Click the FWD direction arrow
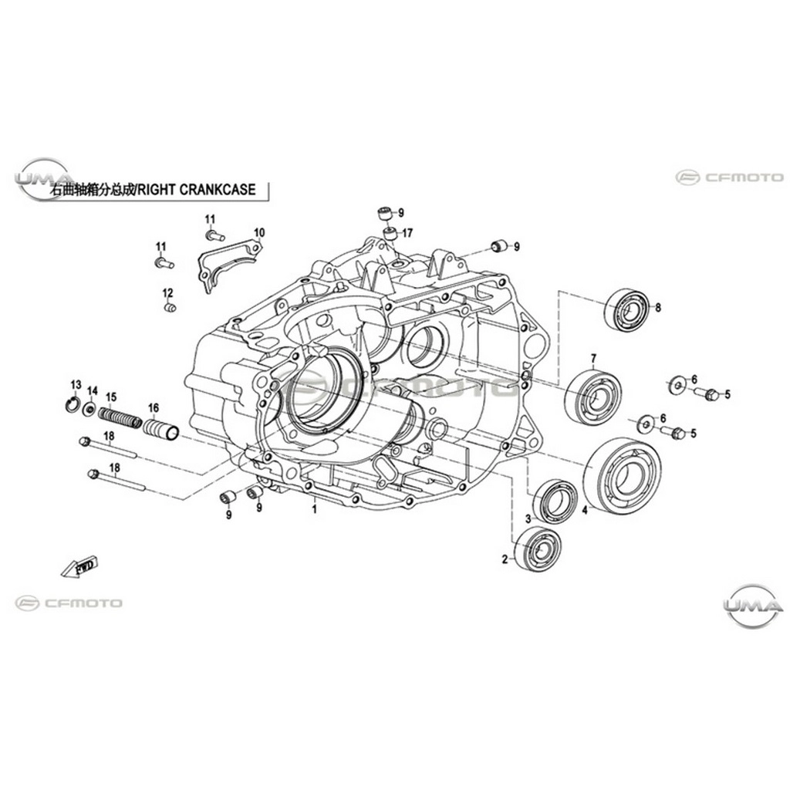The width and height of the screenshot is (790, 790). coord(79,567)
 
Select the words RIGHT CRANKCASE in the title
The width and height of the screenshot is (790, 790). coord(197,190)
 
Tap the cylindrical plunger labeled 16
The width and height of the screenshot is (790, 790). coord(161,428)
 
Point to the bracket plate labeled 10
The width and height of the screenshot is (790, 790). coord(229,265)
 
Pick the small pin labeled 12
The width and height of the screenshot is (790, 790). coord(170,307)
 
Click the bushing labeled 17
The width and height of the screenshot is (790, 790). coord(390,234)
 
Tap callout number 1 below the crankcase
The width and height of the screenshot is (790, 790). coord(315,509)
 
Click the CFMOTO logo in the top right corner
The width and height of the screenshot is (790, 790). coord(730,177)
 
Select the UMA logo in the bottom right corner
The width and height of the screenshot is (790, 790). coord(753,605)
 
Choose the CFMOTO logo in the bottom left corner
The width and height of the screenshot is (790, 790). coord(69,603)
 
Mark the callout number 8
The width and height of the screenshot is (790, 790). coord(657,307)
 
